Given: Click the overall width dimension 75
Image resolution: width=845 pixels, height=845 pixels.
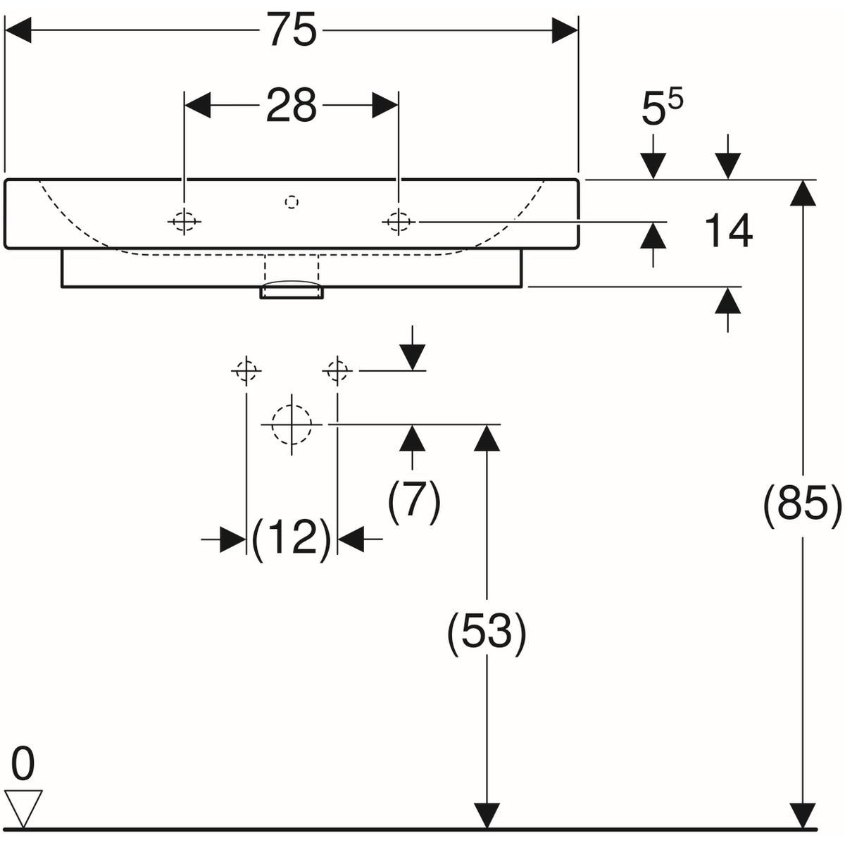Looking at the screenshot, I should pos(292,32).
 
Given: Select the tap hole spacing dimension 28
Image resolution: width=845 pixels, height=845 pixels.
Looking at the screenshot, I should pos(292,106).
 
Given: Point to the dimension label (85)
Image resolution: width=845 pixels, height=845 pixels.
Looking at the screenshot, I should pos(802,504).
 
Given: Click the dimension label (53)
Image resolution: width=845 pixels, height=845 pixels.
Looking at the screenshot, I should pos(487,632).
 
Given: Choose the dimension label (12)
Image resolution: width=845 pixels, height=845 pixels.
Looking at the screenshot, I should pos(292,539).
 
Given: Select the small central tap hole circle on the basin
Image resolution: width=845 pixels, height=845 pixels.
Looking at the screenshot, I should pos(292,202).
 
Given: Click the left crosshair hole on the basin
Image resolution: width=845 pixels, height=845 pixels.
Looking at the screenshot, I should pos(184,222).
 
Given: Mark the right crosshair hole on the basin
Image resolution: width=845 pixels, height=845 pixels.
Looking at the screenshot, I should pos(399,222).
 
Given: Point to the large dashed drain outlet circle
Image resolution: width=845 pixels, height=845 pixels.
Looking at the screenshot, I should pos(292,425).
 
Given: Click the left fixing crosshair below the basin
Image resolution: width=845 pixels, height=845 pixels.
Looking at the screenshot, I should pos(246,369).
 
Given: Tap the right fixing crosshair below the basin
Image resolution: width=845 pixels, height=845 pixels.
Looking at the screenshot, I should pos(338,369).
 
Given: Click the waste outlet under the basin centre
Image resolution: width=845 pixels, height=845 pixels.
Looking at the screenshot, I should pos(292,289).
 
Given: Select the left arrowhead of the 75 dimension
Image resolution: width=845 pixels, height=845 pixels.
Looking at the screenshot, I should pos(18,32).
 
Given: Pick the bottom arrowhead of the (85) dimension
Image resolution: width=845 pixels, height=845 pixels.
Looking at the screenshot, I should pos(799,815).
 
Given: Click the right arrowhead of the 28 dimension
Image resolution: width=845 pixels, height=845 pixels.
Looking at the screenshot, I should pos(385,106).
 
